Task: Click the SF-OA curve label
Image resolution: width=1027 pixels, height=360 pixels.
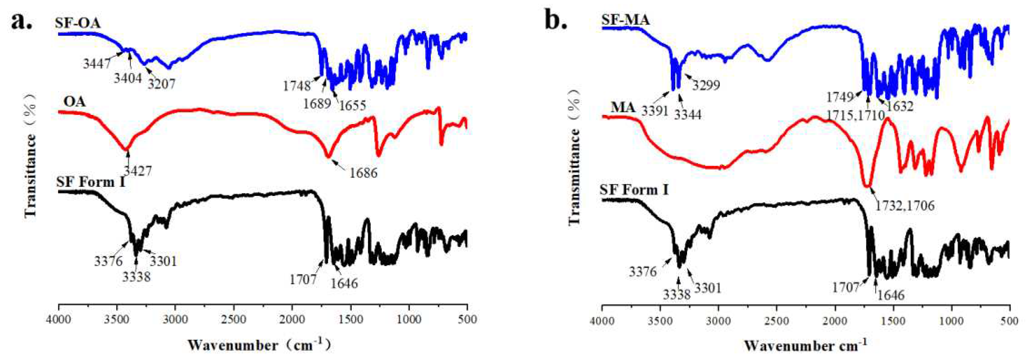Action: click(x=78, y=23)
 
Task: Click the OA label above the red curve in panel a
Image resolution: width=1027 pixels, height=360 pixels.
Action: click(x=74, y=102)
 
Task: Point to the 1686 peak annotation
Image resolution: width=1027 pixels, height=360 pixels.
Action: click(x=363, y=173)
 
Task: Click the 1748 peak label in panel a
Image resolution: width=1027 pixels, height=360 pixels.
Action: click(x=297, y=85)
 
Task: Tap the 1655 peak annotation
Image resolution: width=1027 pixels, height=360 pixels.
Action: click(x=352, y=105)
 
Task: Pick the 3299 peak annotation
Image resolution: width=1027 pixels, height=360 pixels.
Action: click(x=706, y=85)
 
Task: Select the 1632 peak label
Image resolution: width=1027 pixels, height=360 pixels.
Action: click(x=900, y=106)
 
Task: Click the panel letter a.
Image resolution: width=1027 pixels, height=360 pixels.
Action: click(x=20, y=21)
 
